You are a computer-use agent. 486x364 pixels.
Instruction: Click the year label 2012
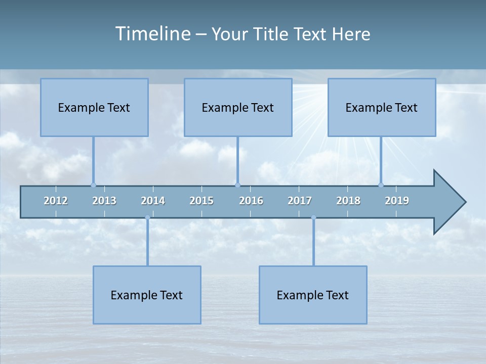click(x=56, y=201)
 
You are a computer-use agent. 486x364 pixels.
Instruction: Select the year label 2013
click(x=104, y=201)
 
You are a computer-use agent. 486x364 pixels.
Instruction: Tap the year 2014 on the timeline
click(x=153, y=201)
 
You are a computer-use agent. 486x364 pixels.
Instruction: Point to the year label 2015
click(x=201, y=201)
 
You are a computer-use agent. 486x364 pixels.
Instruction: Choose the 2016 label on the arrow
click(x=251, y=201)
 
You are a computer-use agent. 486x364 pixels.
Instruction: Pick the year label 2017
click(x=300, y=201)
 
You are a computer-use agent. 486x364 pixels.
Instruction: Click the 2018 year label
click(x=348, y=201)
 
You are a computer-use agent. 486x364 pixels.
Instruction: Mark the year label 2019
click(x=397, y=201)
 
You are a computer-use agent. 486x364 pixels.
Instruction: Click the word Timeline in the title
click(x=152, y=34)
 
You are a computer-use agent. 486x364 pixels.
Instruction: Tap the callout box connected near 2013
click(x=94, y=107)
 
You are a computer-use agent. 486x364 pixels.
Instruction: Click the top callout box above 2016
click(x=238, y=107)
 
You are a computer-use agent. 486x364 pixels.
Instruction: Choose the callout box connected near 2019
click(x=382, y=107)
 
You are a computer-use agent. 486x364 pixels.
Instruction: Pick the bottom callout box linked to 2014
click(x=147, y=295)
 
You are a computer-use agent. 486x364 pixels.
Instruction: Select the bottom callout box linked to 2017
click(x=313, y=295)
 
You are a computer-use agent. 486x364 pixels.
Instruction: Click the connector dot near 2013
click(x=93, y=185)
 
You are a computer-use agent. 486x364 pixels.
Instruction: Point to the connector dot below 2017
click(x=313, y=218)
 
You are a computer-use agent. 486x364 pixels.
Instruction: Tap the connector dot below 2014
click(x=147, y=218)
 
